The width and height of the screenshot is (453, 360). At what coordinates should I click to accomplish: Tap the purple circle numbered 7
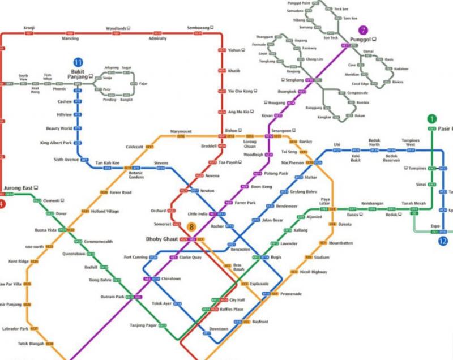364,29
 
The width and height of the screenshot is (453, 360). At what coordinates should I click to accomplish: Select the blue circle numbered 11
78,62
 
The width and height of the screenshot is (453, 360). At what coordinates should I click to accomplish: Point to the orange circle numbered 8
192,228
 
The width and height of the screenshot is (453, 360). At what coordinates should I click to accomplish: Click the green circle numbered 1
432,119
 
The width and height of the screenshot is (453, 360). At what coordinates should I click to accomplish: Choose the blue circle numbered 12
443,241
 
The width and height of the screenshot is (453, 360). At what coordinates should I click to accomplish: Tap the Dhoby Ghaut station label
162,239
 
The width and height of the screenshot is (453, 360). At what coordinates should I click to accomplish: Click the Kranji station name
29,28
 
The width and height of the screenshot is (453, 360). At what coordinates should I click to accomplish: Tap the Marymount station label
181,132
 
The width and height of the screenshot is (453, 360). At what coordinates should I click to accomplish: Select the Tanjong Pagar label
142,325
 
